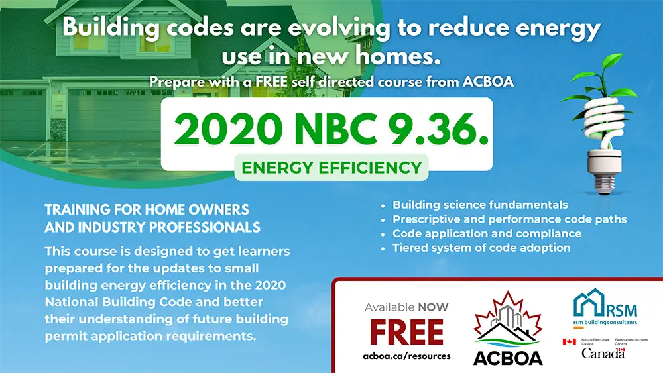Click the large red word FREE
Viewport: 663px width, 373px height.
(407, 332)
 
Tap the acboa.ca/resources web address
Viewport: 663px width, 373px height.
(407, 356)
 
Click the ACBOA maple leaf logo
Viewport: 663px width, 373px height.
(508, 328)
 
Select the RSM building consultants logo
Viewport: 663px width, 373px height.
(605, 308)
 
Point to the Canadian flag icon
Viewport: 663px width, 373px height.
(569, 341)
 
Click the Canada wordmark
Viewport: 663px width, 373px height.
(603, 353)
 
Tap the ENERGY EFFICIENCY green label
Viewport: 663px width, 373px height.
(331, 167)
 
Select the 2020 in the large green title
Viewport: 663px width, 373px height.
(228, 129)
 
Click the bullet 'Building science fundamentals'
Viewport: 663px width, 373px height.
(480, 205)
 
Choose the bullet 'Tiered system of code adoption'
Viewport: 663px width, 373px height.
(481, 248)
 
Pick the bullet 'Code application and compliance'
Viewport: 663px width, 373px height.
(487, 234)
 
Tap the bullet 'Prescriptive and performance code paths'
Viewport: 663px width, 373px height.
(509, 219)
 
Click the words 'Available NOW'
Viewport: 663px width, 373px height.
(406, 307)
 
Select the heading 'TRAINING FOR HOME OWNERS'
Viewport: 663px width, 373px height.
(147, 209)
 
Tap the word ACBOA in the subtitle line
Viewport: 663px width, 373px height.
(488, 81)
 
